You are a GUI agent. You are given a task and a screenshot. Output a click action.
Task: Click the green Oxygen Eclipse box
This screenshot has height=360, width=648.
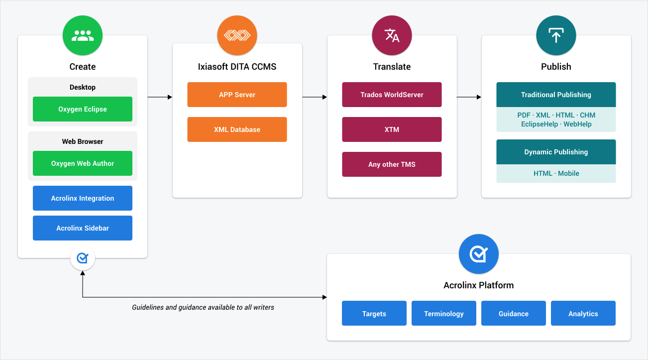[83, 109]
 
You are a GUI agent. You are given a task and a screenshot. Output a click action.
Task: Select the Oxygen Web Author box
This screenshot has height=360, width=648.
[83, 163]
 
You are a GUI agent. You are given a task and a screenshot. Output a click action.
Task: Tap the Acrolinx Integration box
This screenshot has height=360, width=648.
[83, 198]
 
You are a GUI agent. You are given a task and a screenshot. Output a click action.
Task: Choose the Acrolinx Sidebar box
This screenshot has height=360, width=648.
[83, 228]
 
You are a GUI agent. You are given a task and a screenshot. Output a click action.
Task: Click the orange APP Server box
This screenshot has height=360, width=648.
[237, 95]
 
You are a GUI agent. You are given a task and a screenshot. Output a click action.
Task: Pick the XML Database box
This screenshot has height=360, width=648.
[237, 129]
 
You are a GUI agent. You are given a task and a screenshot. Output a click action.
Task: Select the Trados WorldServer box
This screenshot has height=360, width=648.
[392, 95]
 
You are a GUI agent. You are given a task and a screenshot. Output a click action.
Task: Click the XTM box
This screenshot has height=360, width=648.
[392, 129]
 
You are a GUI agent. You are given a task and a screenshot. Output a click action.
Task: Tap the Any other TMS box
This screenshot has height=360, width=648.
[392, 164]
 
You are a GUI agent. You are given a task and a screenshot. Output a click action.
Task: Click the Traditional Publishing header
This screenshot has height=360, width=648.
[556, 95]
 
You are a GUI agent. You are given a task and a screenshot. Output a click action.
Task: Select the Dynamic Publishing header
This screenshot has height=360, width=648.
[556, 152]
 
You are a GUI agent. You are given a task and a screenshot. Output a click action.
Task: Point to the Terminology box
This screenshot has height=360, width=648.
[444, 313]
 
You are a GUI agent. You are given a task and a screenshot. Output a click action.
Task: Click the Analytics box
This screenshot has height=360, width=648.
[583, 313]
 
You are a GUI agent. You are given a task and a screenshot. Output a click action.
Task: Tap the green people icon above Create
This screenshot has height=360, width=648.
[83, 35]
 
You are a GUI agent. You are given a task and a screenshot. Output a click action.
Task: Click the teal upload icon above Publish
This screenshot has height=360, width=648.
[556, 35]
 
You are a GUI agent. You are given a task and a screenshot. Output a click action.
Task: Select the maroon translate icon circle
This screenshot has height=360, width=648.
[392, 35]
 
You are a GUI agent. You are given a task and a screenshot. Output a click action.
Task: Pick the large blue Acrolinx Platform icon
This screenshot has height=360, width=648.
[478, 254]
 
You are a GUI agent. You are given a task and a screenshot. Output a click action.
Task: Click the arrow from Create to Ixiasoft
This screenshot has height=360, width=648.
[160, 97]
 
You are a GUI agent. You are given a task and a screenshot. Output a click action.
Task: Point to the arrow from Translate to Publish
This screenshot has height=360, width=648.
[469, 97]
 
